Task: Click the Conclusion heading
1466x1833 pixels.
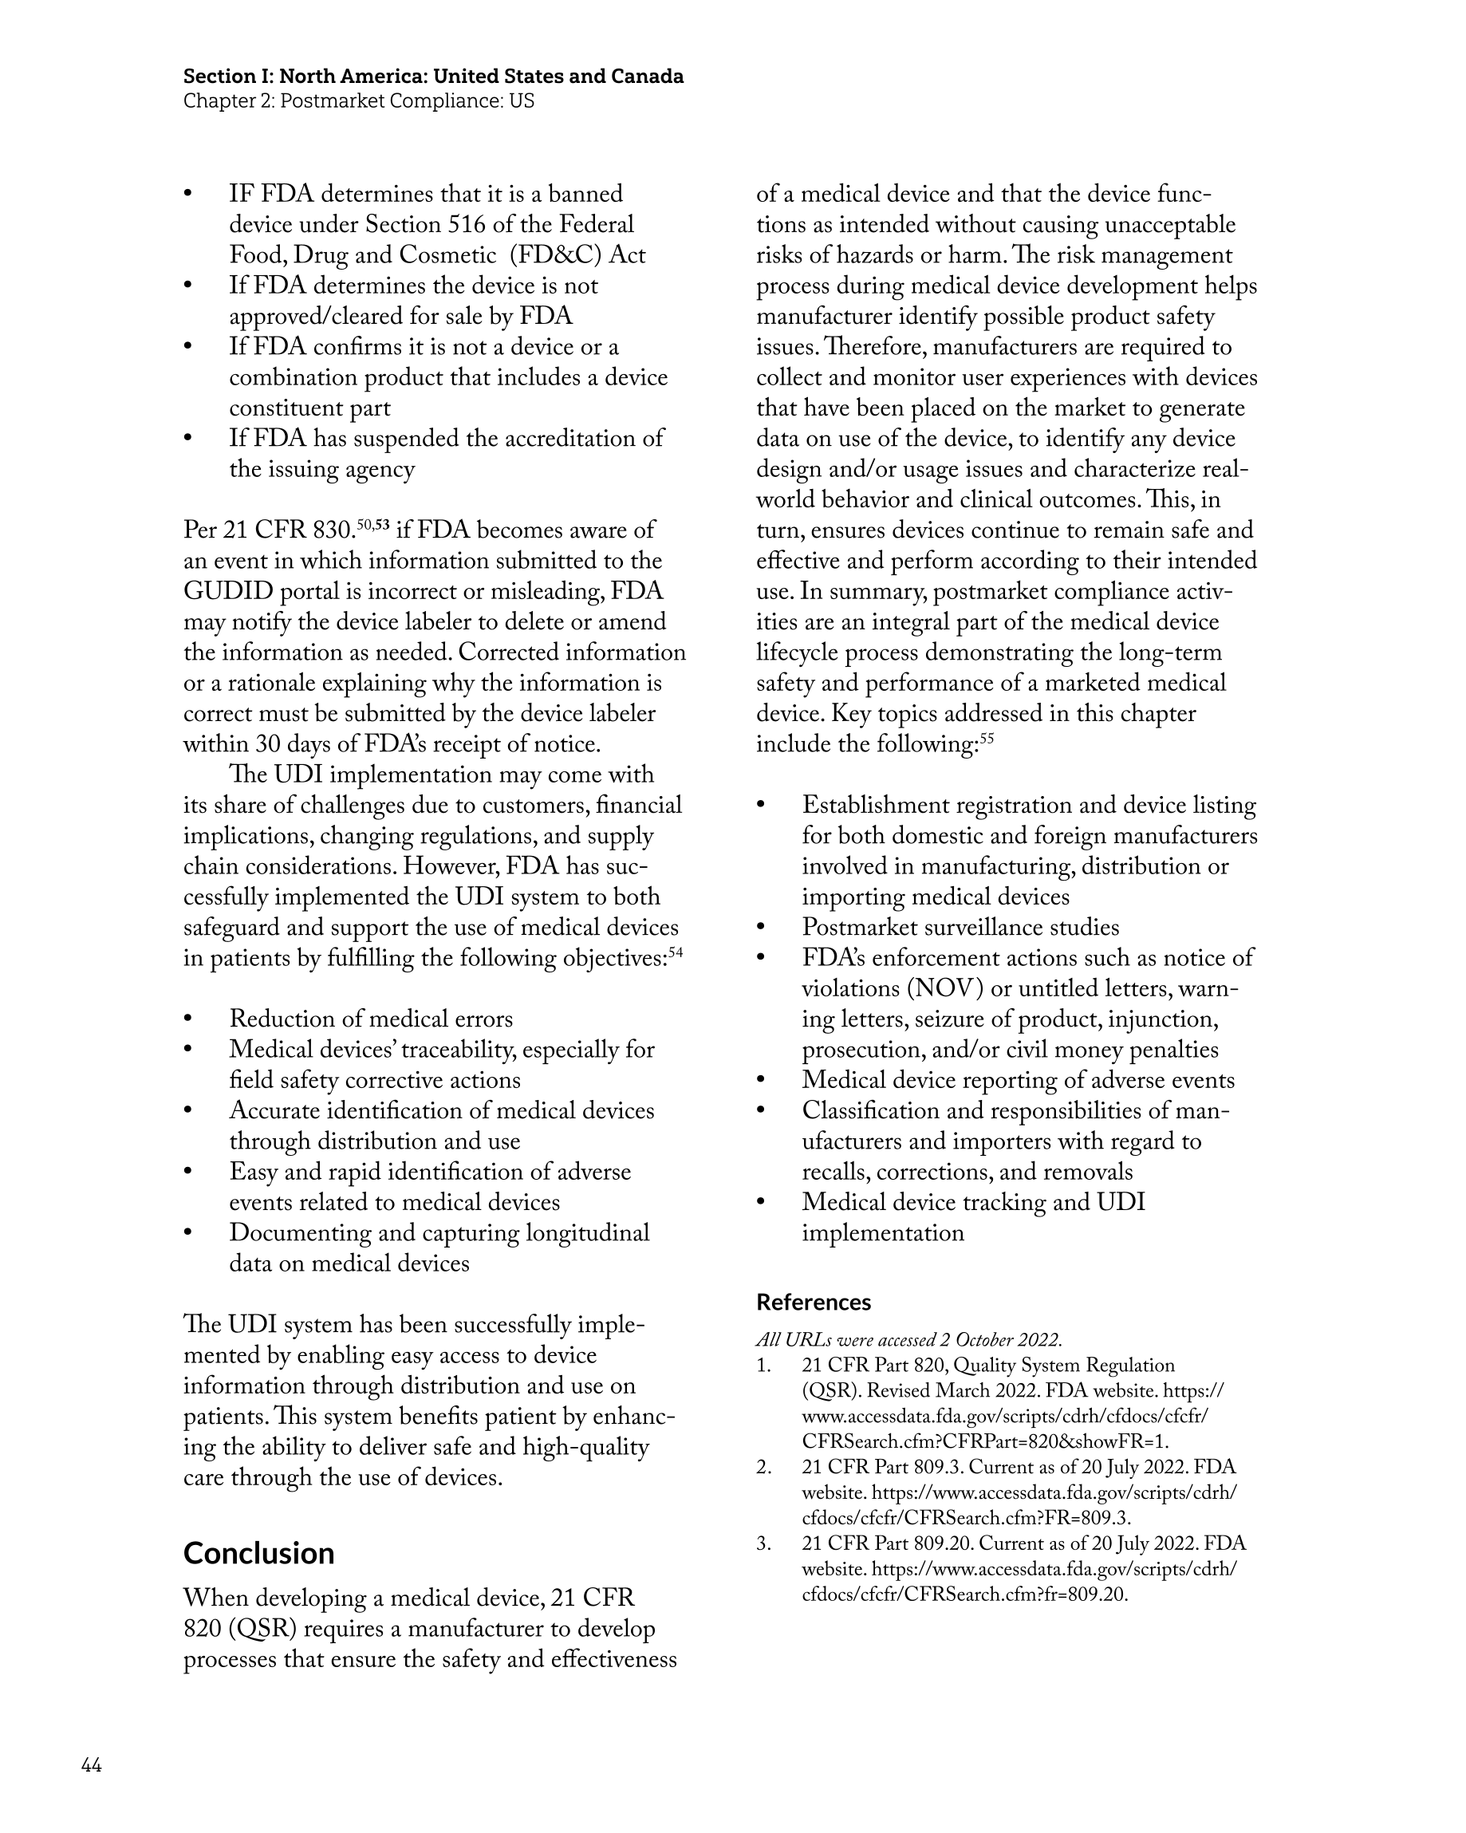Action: (258, 1553)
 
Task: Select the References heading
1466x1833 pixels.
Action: (813, 1303)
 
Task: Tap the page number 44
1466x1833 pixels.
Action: (91, 1765)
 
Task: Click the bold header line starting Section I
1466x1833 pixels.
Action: (433, 77)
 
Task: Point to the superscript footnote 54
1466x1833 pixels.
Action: (676, 952)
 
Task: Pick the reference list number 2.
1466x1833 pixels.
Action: (763, 1467)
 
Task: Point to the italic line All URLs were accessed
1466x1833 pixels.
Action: (908, 1341)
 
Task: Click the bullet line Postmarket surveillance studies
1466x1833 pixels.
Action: (960, 928)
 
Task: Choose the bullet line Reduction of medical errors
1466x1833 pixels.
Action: (371, 1019)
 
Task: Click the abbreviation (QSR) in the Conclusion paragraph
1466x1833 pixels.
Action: (256, 1629)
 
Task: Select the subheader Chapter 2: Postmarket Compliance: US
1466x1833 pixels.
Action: (358, 101)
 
